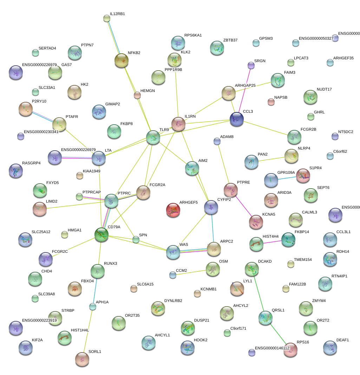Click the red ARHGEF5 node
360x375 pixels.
pyautogui.click(x=173, y=210)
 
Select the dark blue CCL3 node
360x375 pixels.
pyautogui.click(x=237, y=119)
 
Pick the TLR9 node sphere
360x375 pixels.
pyautogui.click(x=153, y=137)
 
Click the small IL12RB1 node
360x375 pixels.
pyautogui.click(x=107, y=18)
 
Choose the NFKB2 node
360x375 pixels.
pyautogui.click(x=122, y=61)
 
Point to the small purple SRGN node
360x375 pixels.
pyautogui.click(x=251, y=65)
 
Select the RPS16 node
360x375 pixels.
pyautogui.click(x=290, y=350)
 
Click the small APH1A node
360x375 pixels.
pyautogui.click(x=92, y=307)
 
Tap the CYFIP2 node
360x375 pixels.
pyautogui.click(x=211, y=208)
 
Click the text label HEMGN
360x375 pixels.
pyautogui.click(x=148, y=91)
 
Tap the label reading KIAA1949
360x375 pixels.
pyautogui.click(x=92, y=171)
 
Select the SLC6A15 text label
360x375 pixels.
pyautogui.click(x=145, y=284)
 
